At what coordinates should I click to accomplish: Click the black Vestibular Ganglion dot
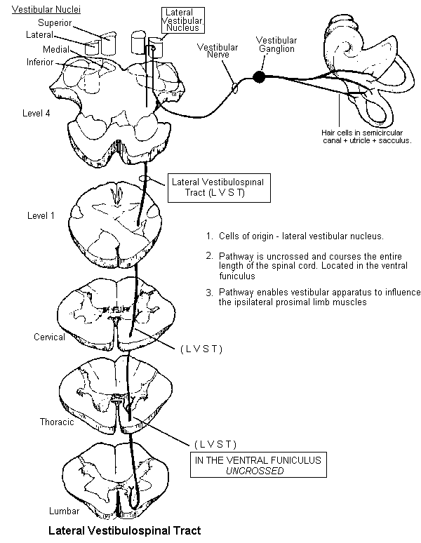pos(260,75)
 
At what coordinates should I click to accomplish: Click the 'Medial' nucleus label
pos(55,50)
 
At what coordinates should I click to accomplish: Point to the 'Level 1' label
pos(41,215)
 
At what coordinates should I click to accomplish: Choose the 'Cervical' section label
pos(49,337)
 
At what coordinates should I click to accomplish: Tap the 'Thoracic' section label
pos(57,422)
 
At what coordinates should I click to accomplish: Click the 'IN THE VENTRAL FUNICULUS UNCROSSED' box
pos(258,465)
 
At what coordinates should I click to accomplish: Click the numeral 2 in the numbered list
pos(209,255)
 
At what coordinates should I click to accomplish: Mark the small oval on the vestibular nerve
pos(235,89)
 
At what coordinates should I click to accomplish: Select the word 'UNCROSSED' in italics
pos(258,471)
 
